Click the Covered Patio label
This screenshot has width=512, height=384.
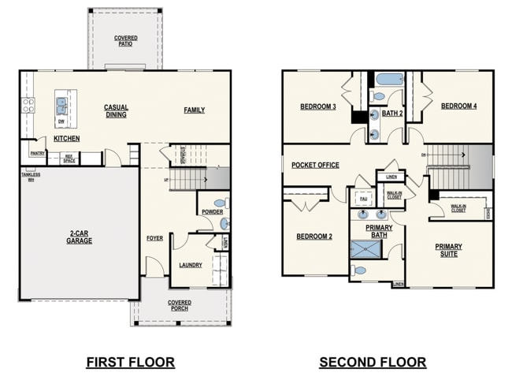[x=126, y=40]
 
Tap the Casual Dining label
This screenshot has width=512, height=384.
[x=116, y=110]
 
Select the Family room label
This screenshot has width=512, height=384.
[x=194, y=110]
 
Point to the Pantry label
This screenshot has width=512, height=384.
[x=36, y=153]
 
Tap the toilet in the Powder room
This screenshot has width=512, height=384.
[x=218, y=203]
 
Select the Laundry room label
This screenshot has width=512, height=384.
[x=191, y=265]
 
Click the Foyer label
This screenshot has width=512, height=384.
[x=154, y=238]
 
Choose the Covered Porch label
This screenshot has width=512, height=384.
[x=179, y=305]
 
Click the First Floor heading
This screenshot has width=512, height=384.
[x=130, y=363]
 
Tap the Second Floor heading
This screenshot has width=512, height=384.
[x=373, y=363]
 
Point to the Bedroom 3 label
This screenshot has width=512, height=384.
[x=318, y=106]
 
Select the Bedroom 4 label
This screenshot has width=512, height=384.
[x=458, y=106]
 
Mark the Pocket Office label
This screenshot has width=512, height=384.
[x=315, y=166]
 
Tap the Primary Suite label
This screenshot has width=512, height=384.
[x=449, y=250]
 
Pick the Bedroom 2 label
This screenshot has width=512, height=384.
[x=314, y=237]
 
